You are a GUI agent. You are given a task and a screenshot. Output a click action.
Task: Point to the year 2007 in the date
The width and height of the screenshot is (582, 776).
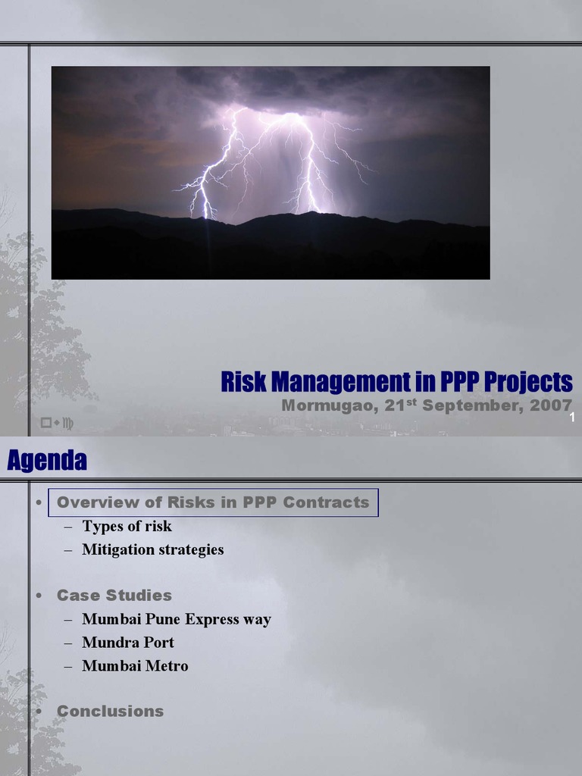(x=551, y=405)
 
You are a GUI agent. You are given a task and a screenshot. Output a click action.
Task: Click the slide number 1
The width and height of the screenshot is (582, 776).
(x=572, y=418)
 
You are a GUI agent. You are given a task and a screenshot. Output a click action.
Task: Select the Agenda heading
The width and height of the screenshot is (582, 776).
(x=47, y=460)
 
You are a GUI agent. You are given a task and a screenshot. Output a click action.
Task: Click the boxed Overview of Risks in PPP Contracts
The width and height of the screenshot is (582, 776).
(x=213, y=502)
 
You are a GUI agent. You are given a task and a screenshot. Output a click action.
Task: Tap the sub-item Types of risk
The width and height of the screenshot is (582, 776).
(x=127, y=527)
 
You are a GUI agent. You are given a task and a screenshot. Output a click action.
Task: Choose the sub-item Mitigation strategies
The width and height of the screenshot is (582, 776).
(x=153, y=550)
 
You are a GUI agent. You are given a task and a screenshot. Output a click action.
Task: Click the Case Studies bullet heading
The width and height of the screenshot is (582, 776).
(x=114, y=596)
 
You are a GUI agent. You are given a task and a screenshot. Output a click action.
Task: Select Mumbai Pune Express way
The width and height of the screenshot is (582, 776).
(x=177, y=620)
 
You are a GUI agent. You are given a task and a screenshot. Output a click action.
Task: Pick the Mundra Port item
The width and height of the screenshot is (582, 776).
(x=128, y=643)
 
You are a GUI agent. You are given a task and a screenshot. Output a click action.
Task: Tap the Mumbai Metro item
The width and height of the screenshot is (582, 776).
(x=135, y=666)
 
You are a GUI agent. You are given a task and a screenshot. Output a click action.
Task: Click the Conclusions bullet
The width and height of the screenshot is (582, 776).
(x=111, y=712)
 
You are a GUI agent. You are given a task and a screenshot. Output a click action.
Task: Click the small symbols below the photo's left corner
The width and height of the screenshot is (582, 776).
(x=57, y=423)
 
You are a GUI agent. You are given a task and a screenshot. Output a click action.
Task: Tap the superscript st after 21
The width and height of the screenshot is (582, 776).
(x=412, y=401)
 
